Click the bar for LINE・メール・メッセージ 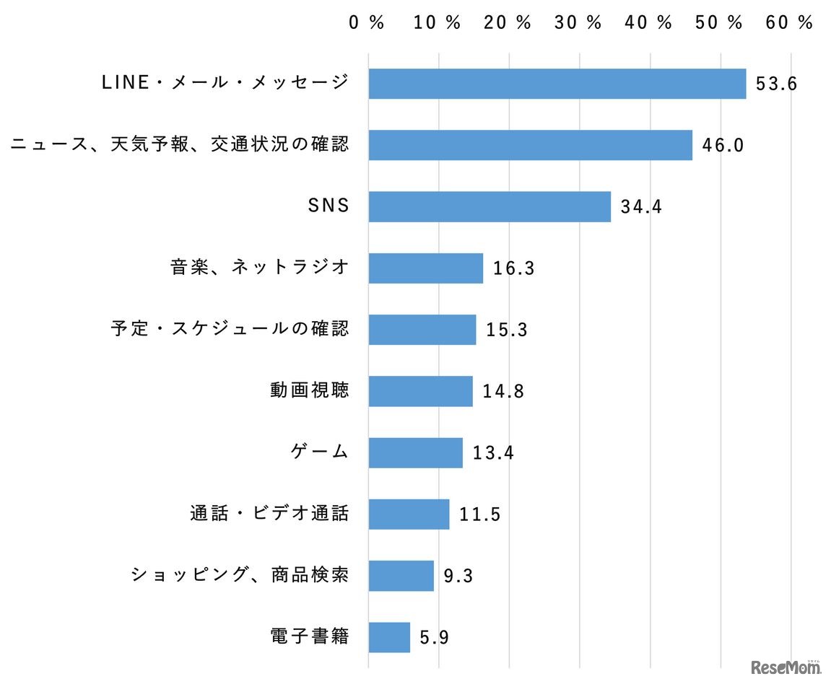click(557, 84)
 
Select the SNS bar click(490, 206)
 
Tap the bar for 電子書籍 click(389, 637)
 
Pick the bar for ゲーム click(415, 452)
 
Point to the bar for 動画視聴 click(420, 391)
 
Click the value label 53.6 click(776, 84)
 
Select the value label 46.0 click(723, 146)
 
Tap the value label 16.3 click(513, 268)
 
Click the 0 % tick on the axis click(367, 23)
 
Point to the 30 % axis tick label click(578, 23)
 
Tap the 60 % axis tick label click(790, 23)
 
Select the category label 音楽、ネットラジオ click(260, 268)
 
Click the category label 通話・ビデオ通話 click(269, 514)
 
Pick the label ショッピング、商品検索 click(240, 575)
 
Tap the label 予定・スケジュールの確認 click(230, 329)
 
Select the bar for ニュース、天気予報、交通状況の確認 click(530, 145)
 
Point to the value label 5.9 click(435, 638)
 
